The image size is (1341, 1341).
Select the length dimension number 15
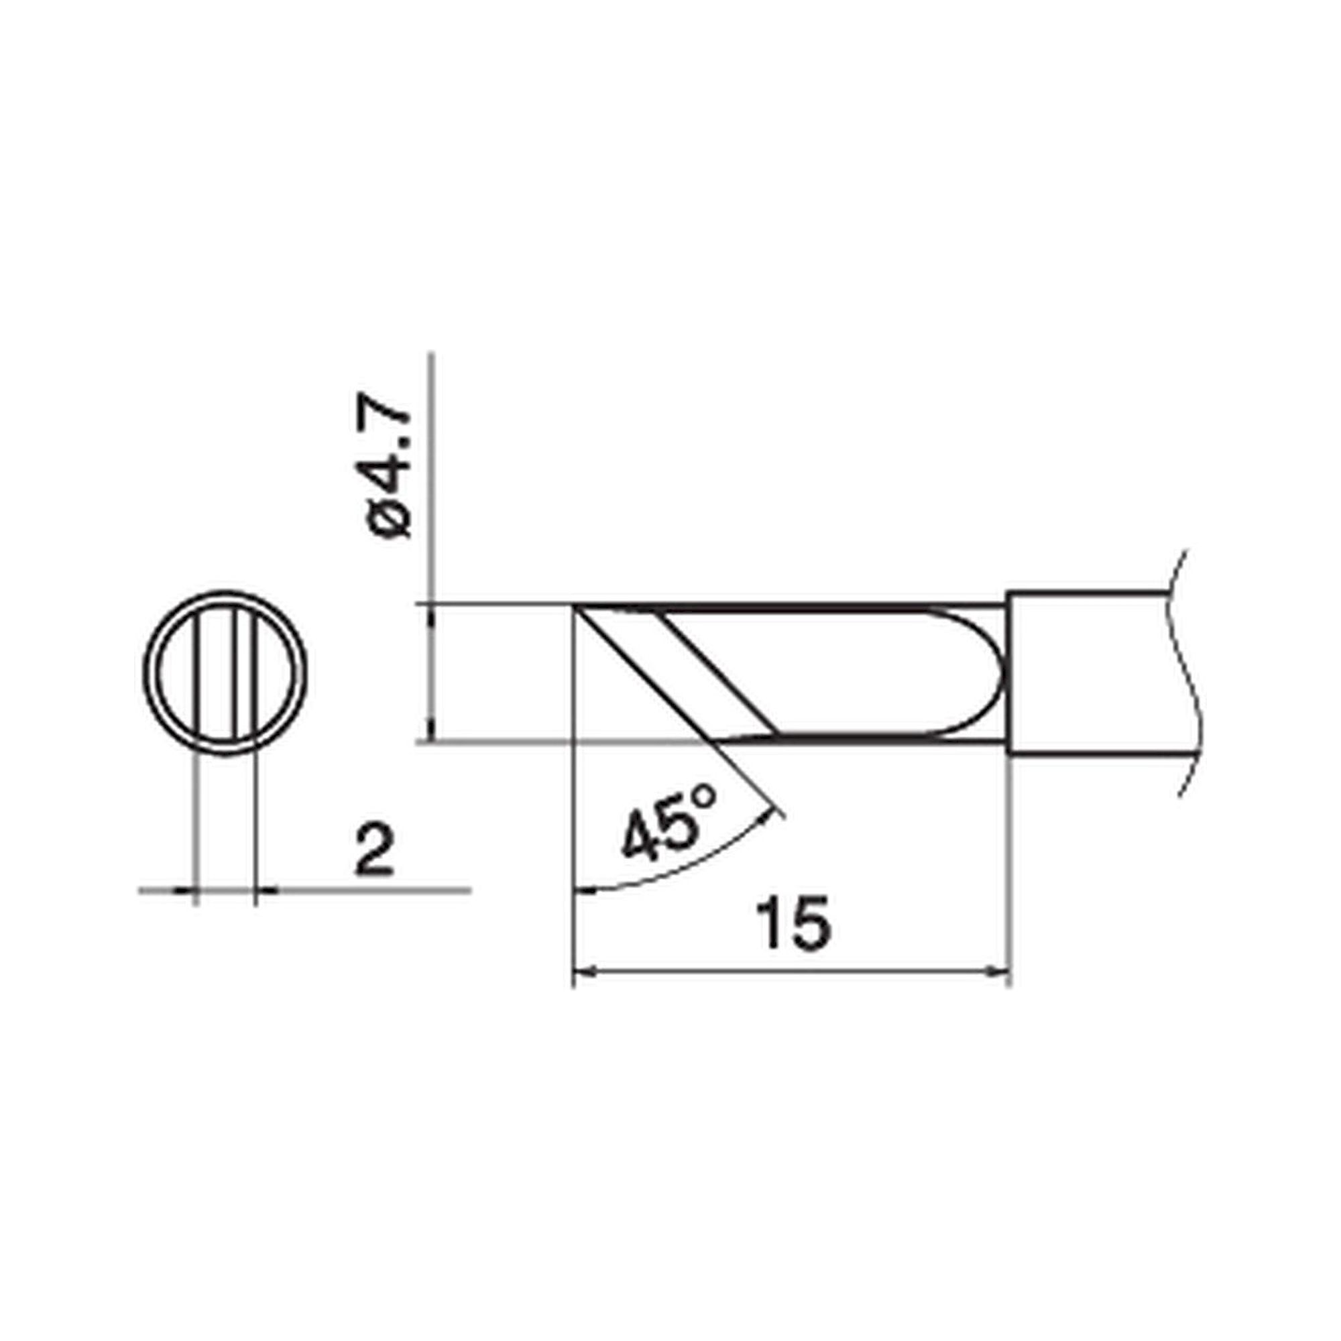(793, 924)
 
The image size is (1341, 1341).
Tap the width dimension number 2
(374, 850)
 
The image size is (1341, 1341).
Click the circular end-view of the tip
(225, 673)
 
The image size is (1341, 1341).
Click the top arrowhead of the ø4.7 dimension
(432, 614)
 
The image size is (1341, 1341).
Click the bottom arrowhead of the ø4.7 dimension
(432, 732)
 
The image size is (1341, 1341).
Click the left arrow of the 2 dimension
(184, 889)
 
